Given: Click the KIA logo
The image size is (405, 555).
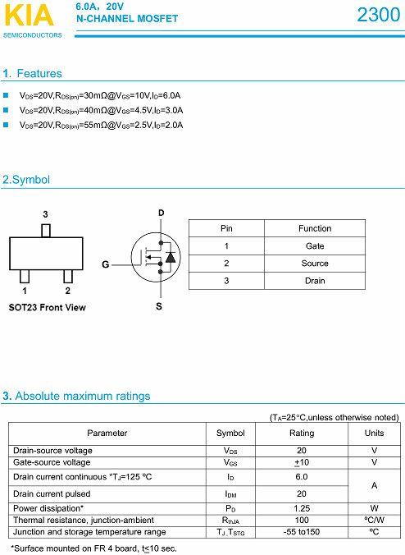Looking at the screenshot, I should coord(29,15).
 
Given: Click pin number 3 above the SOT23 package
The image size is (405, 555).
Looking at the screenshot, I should coord(45,213).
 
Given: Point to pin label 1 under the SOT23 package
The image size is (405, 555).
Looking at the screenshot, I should coord(25,290).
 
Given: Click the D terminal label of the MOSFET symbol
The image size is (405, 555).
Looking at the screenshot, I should coord(161,213).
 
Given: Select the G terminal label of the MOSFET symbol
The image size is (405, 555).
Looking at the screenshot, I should coord(105,264).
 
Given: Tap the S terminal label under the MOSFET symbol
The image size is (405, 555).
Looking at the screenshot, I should coord(159,306).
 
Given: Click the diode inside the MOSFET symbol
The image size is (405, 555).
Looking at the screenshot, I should coord(171,257).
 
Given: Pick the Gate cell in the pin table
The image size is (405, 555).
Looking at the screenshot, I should coord(315,246).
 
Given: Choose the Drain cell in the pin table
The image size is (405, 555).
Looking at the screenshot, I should coord(315,281).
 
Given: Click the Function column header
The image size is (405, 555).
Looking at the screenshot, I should coord(315,228).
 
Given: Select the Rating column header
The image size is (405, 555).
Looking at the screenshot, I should coord(302,433).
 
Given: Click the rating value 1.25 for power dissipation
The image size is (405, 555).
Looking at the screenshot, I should coord(302,508).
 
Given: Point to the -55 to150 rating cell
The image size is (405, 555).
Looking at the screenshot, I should coord(302,532).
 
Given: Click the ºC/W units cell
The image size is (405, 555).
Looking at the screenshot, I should coord(374,520).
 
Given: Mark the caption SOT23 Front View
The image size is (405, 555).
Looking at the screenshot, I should coord(47,309).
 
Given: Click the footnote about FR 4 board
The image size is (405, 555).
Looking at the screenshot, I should coord(93,548).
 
